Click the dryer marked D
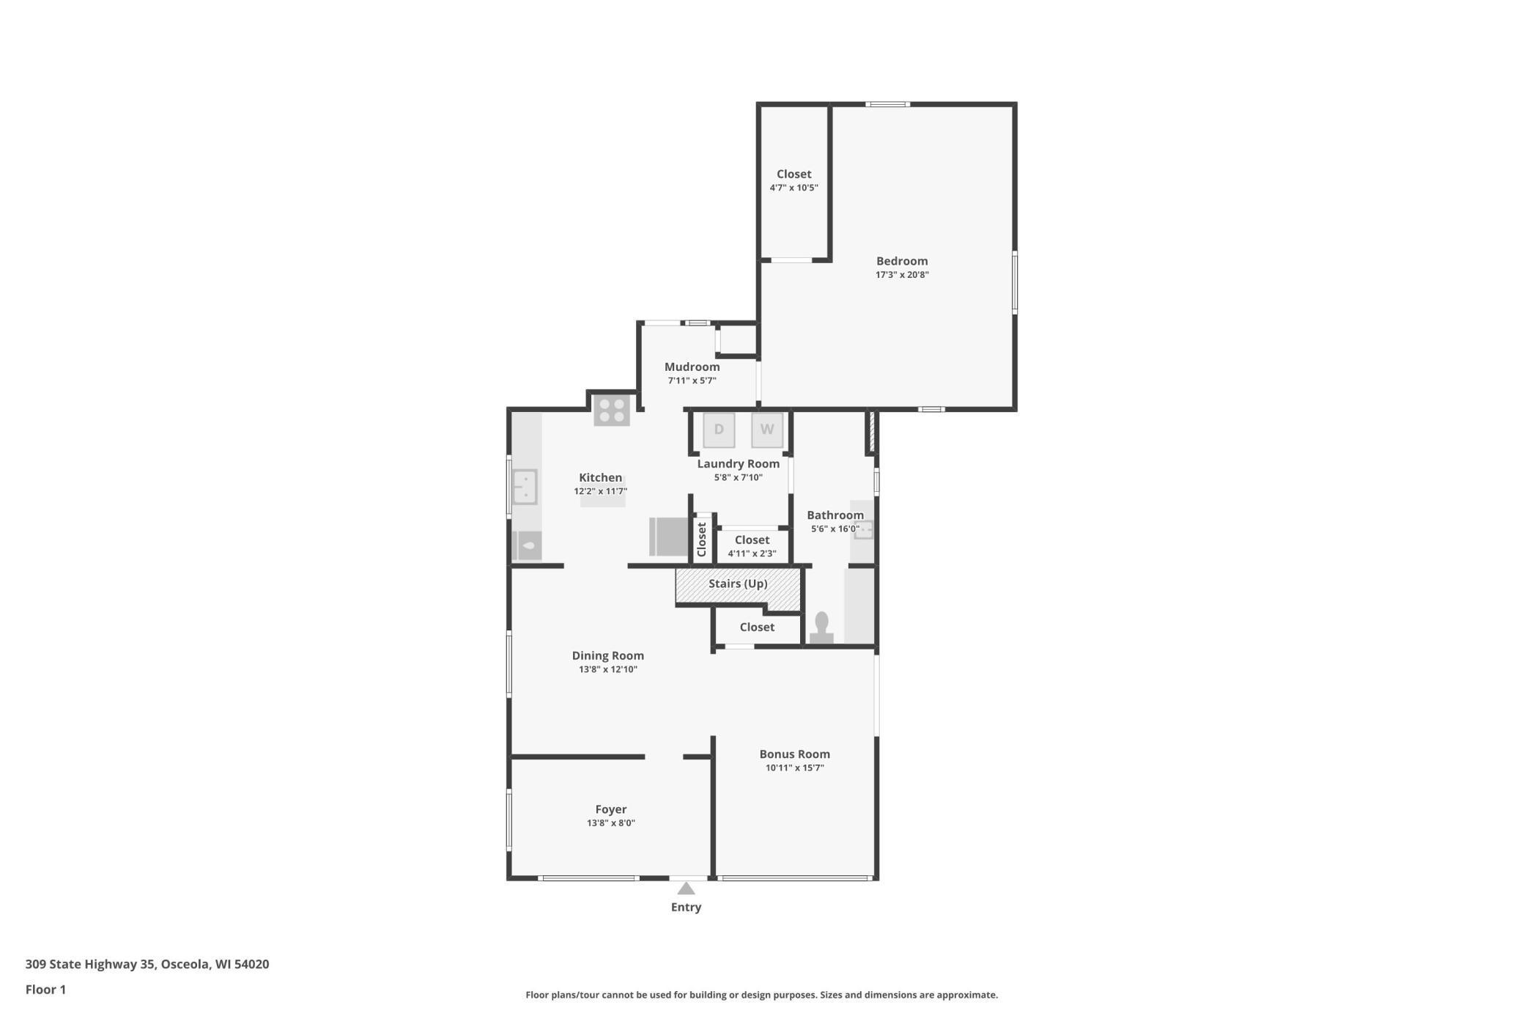pyautogui.click(x=719, y=430)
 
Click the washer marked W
pyautogui.click(x=766, y=430)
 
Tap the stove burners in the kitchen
pyautogui.click(x=612, y=411)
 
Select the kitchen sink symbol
pyautogui.click(x=525, y=487)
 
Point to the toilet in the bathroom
pyautogui.click(x=821, y=628)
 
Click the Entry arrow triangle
pyautogui.click(x=686, y=888)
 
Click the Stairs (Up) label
pyautogui.click(x=738, y=584)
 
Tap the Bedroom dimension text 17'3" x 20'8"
pyautogui.click(x=902, y=275)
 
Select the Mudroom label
pyautogui.click(x=692, y=367)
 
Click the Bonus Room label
pyautogui.click(x=794, y=754)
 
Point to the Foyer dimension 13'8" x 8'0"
pyautogui.click(x=610, y=823)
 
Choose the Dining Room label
pyautogui.click(x=607, y=655)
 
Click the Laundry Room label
pyautogui.click(x=738, y=463)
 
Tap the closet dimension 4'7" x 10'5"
pyautogui.click(x=794, y=188)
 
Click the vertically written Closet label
pyautogui.click(x=702, y=539)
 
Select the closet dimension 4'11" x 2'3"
pyautogui.click(x=752, y=553)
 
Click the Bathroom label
pyautogui.click(x=835, y=515)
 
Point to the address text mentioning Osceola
pyautogui.click(x=147, y=964)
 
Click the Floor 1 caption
pyautogui.click(x=45, y=990)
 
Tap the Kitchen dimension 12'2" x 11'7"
pyautogui.click(x=600, y=492)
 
